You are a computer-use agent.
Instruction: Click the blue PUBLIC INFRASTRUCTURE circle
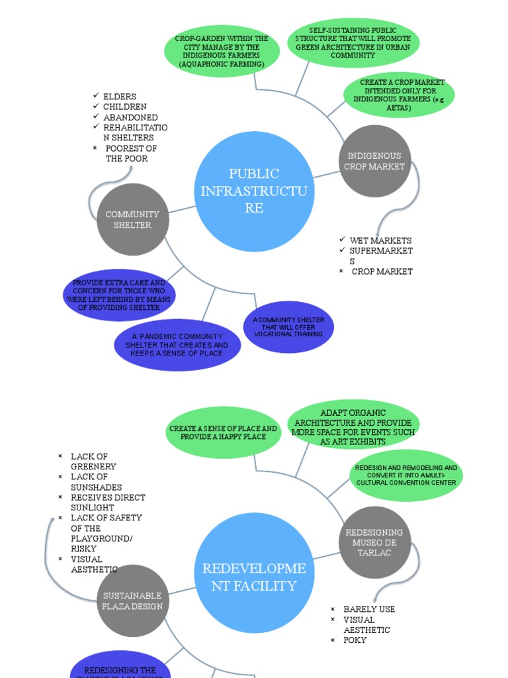[255, 191]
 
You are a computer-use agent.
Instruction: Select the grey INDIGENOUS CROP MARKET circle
[374, 161]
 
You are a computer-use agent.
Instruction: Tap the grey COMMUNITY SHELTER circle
[132, 219]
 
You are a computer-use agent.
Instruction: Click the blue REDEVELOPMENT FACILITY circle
[255, 572]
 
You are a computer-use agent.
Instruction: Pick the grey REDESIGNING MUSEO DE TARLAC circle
[374, 542]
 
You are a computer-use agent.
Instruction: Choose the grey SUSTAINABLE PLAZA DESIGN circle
[132, 601]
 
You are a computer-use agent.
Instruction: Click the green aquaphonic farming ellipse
[222, 52]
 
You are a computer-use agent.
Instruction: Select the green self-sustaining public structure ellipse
[353, 43]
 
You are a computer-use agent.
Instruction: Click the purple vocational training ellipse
[288, 327]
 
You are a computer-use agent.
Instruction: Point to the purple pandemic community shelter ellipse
[177, 345]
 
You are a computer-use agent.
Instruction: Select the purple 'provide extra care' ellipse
[119, 295]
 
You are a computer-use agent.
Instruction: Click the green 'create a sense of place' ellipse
[223, 432]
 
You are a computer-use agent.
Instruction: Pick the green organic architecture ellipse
[353, 426]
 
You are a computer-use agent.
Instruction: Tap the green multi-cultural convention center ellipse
[405, 475]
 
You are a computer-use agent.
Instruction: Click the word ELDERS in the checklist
[120, 97]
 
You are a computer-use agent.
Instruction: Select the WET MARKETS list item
[380, 240]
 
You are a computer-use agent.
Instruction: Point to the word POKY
[355, 640]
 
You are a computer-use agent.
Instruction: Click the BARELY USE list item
[369, 609]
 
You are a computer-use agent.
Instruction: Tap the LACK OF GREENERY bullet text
[93, 461]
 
